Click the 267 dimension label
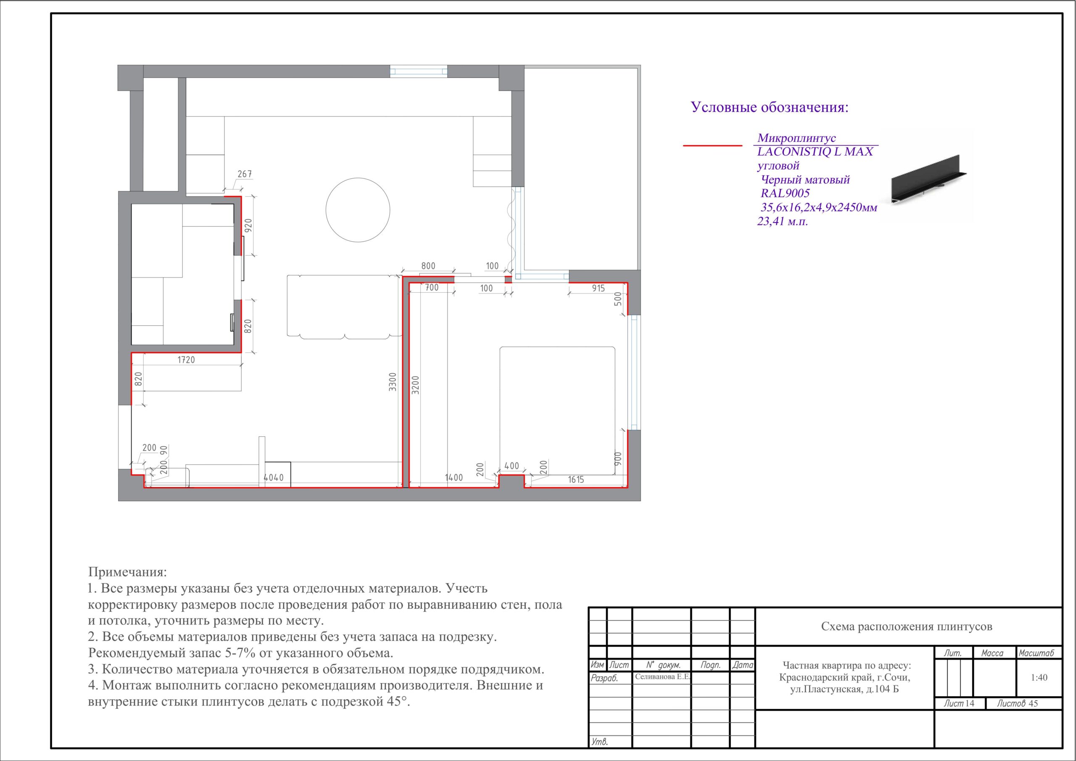click(x=245, y=174)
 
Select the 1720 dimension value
click(x=186, y=359)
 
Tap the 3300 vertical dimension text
click(x=393, y=382)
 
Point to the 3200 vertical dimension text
click(x=415, y=384)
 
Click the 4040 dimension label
click(x=273, y=478)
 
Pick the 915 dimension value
click(x=598, y=288)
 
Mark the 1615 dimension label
click(x=576, y=480)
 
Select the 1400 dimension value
click(x=454, y=478)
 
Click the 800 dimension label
click(x=428, y=266)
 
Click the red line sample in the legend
click(x=712, y=146)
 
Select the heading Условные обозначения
click(x=770, y=107)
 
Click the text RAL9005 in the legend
click(x=785, y=193)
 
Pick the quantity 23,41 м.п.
click(x=783, y=221)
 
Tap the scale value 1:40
click(x=1039, y=677)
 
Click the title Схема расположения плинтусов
click(x=907, y=626)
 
